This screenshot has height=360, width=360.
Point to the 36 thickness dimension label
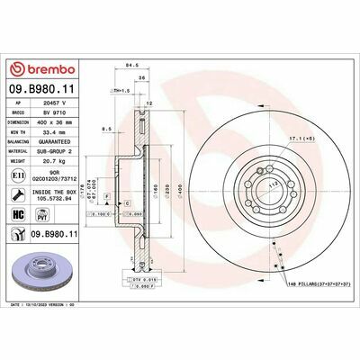coord(142,78)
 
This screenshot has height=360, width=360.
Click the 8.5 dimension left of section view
coord(106,130)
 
